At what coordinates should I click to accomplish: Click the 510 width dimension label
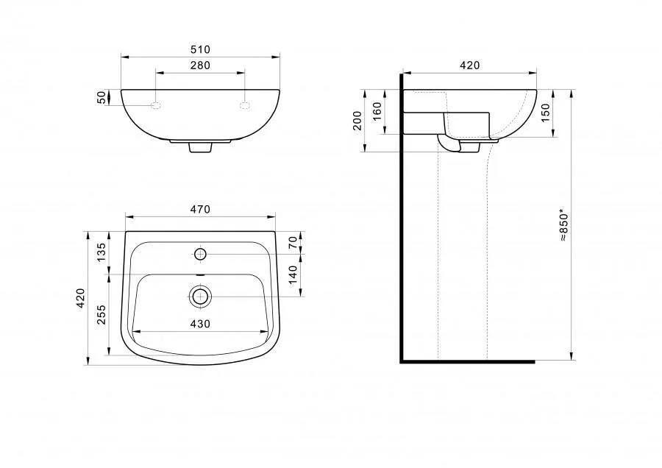click(200, 50)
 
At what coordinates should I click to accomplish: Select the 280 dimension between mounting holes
click(200, 65)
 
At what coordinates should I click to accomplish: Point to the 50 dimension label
click(102, 97)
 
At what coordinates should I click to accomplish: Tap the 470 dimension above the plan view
click(200, 210)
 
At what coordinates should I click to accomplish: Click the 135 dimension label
click(102, 252)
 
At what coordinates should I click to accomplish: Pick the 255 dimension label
click(102, 315)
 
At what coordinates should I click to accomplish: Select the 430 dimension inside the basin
click(200, 324)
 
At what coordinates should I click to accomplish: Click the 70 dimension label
click(293, 242)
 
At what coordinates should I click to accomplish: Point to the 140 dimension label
click(293, 274)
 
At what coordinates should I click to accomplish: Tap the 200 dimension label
click(357, 121)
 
